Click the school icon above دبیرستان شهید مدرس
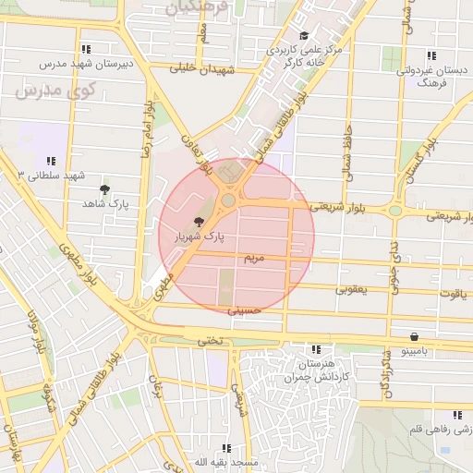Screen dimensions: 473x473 coord(86,49)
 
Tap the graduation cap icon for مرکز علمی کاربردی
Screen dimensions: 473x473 coord(304,36)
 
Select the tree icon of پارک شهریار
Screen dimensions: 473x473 coord(199,222)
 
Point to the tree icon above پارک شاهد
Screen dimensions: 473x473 coord(103,188)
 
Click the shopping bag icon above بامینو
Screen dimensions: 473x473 coord(413,337)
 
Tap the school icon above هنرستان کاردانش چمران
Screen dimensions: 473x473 coord(317,350)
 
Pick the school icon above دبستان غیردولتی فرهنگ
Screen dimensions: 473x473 coord(431,55)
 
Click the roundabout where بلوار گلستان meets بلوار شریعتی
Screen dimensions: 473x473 coord(395,211)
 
